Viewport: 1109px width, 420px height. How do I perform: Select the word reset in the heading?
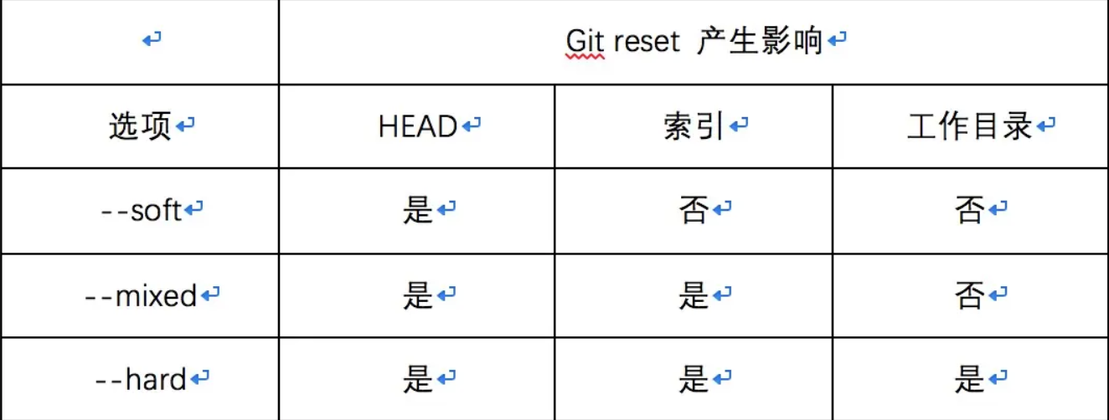click(x=647, y=41)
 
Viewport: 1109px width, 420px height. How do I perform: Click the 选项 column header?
click(x=140, y=126)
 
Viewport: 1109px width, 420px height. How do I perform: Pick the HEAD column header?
click(x=418, y=126)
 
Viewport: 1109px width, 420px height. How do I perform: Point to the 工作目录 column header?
click(x=970, y=126)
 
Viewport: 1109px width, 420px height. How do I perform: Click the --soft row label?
click(x=142, y=210)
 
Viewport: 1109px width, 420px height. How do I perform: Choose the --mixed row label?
click(x=142, y=295)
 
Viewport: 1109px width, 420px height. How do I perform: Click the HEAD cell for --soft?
click(x=418, y=210)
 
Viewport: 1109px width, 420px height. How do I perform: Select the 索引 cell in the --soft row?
click(x=694, y=210)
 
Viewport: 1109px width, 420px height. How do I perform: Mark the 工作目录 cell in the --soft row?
click(x=969, y=210)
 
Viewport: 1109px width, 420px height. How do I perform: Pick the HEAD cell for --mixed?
click(x=418, y=295)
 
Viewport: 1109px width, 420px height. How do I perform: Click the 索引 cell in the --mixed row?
click(x=694, y=295)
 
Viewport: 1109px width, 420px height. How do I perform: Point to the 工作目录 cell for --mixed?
click(x=969, y=295)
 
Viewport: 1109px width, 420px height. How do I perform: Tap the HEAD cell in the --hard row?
click(x=418, y=380)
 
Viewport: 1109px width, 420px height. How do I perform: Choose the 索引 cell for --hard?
click(x=694, y=380)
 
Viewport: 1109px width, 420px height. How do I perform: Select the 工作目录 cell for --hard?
click(x=969, y=380)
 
